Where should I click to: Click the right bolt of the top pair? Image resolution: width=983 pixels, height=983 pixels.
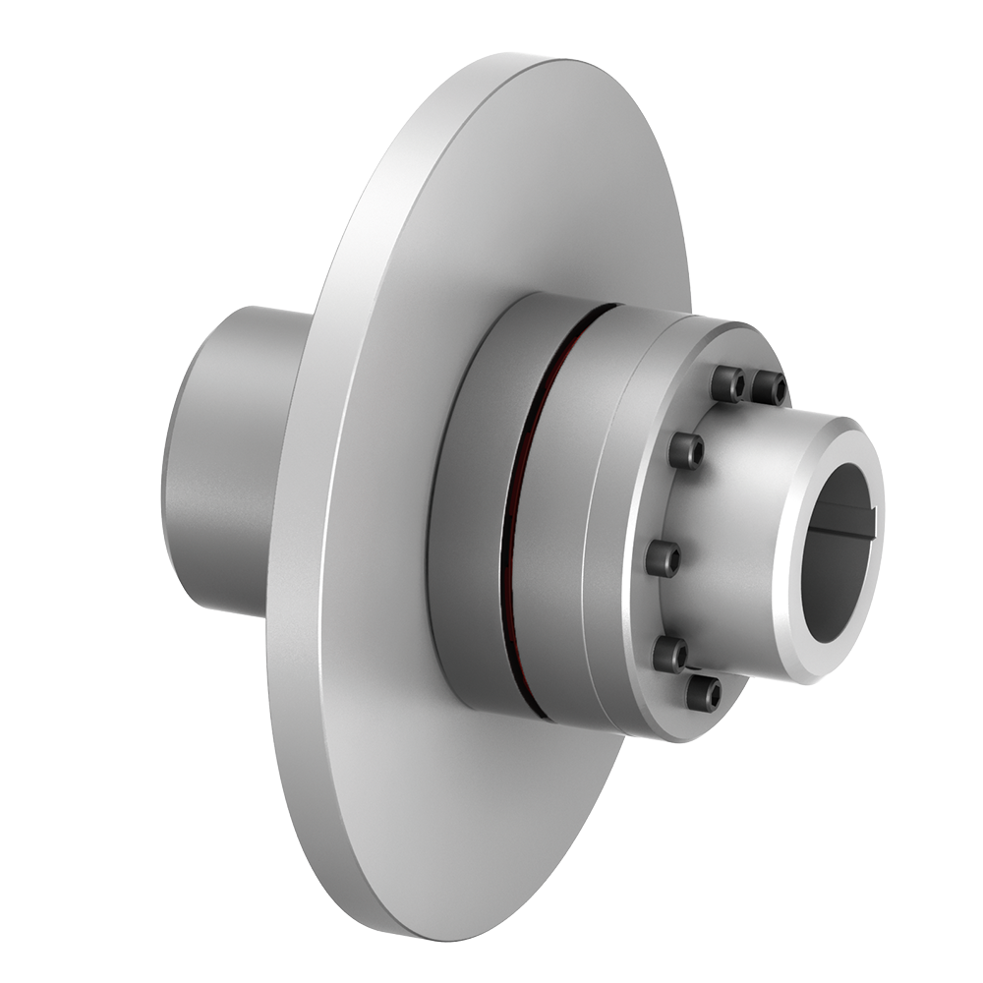point(770,388)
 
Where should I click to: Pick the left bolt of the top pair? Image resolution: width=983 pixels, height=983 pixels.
point(727,384)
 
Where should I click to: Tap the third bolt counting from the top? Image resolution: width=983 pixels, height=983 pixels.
point(686,450)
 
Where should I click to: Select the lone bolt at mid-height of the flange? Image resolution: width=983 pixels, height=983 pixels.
point(664,558)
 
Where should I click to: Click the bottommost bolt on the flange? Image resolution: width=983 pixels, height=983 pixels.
point(703,693)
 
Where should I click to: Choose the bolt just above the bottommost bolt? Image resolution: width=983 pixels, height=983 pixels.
point(670,654)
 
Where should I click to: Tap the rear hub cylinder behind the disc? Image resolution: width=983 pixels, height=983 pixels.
point(221,462)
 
